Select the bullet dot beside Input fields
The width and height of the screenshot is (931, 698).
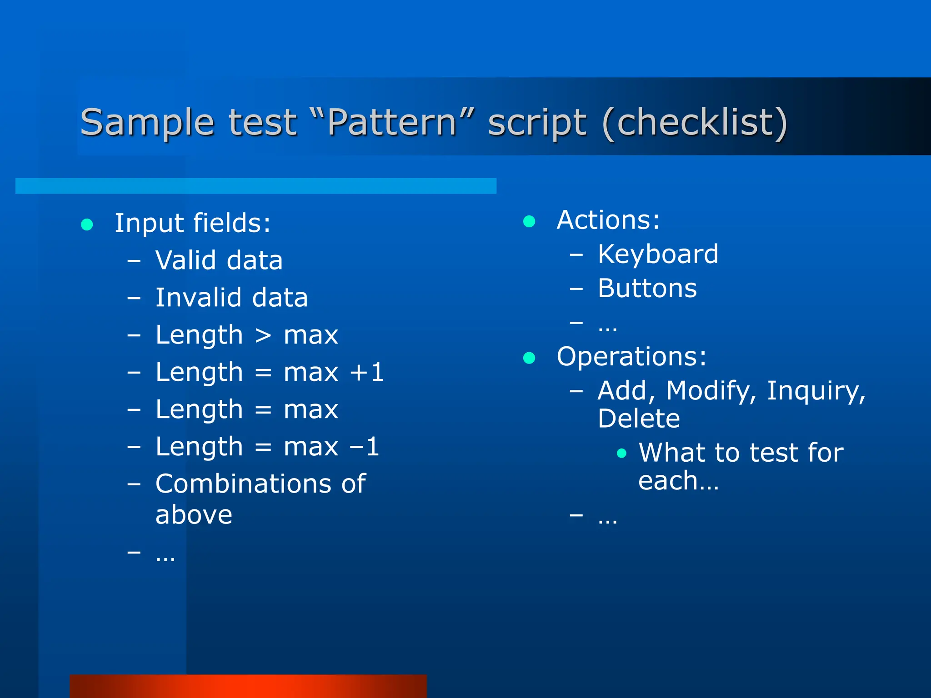pyautogui.click(x=87, y=224)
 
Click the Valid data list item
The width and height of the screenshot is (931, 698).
pyautogui.click(x=219, y=260)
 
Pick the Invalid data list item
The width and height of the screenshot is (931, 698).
pyautogui.click(x=231, y=298)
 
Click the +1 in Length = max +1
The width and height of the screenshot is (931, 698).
pyautogui.click(x=367, y=372)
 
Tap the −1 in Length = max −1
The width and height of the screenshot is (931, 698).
pyautogui.click(x=364, y=447)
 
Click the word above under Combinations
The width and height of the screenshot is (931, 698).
pyautogui.click(x=194, y=515)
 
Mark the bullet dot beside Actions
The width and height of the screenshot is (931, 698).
pyautogui.click(x=529, y=221)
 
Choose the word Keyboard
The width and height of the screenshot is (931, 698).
pyautogui.click(x=658, y=254)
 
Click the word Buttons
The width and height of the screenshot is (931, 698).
pyautogui.click(x=647, y=288)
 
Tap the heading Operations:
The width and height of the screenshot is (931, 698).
pyautogui.click(x=631, y=356)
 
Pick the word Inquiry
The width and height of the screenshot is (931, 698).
pyautogui.click(x=816, y=391)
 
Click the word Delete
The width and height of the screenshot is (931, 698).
pyautogui.click(x=639, y=419)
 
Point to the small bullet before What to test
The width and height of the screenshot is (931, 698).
pyautogui.click(x=622, y=453)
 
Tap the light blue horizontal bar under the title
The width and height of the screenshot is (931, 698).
pyautogui.click(x=255, y=186)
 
